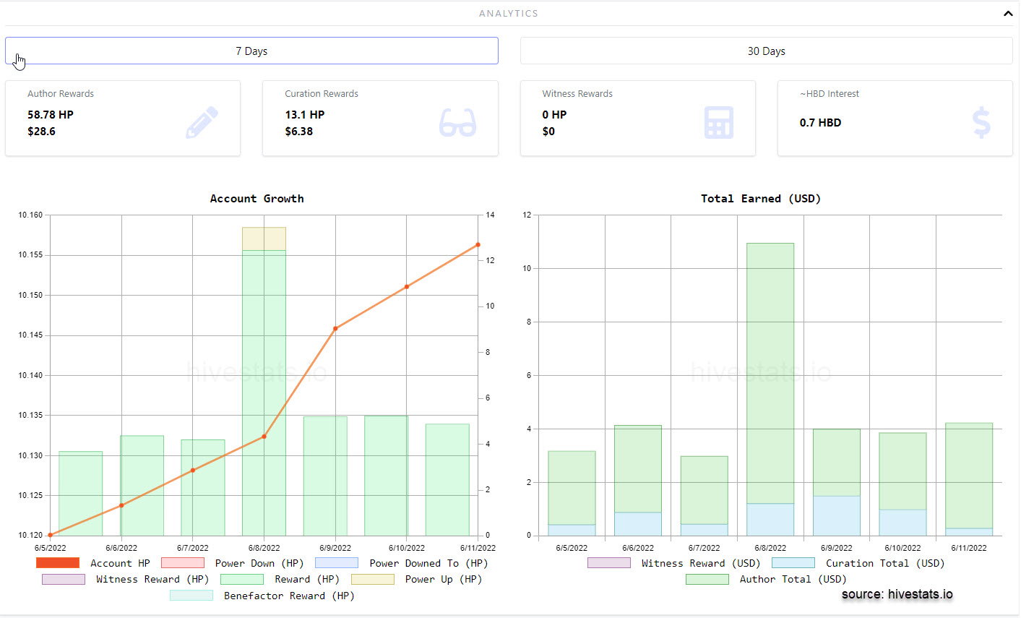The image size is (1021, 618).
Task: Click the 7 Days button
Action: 251,51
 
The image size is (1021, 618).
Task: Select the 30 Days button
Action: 766,51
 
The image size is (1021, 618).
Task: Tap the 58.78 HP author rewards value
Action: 51,114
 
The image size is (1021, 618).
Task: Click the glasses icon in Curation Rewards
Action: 457,122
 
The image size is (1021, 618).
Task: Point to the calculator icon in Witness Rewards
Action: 719,122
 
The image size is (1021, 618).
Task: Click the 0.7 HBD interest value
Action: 820,123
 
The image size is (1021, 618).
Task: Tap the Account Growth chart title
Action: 257,198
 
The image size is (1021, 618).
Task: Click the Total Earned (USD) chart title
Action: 761,198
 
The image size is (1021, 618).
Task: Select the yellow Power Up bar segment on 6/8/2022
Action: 264,239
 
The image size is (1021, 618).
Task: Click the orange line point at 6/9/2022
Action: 335,328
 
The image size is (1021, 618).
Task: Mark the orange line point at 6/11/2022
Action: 478,245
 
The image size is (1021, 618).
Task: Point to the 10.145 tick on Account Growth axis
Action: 30,335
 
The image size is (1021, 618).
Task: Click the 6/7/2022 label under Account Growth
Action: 192,548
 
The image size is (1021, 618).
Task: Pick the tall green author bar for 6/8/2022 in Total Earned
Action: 770,373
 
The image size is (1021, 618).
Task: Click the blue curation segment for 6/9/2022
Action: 837,516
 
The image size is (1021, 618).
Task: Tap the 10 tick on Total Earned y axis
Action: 527,268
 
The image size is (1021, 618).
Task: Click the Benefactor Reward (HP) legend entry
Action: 262,596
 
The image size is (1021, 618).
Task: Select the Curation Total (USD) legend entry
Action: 858,563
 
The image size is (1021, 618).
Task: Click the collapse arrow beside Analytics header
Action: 1008,14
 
